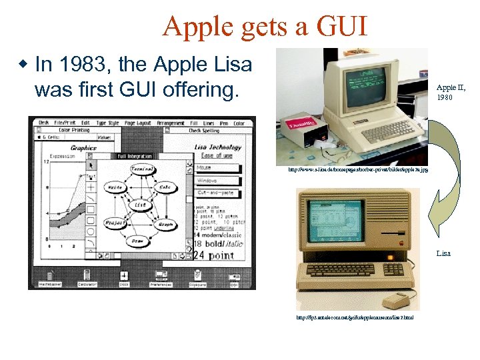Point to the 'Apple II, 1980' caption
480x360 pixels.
point(451,92)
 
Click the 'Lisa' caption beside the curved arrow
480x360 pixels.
point(443,253)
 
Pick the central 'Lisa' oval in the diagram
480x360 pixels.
point(141,206)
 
